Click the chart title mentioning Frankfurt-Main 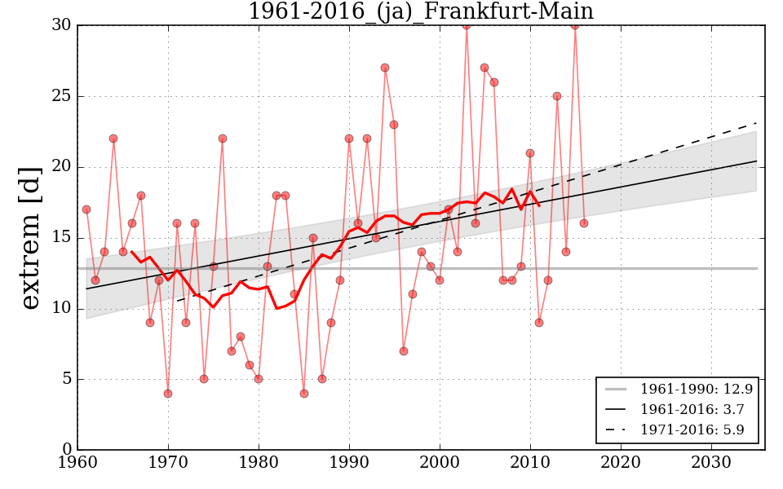click(420, 11)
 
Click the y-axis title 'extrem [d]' click(30, 237)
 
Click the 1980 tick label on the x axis click(259, 462)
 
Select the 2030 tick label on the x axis click(711, 462)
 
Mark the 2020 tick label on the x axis click(621, 462)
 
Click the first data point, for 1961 click(86, 209)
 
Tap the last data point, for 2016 click(584, 223)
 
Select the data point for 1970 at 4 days click(168, 393)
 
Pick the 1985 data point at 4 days click(303, 393)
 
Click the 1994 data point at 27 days click(385, 68)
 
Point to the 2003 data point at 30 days click(467, 25)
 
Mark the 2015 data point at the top click(575, 25)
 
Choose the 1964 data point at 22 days click(113, 139)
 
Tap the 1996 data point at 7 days click(403, 350)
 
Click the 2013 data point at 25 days click(557, 96)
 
